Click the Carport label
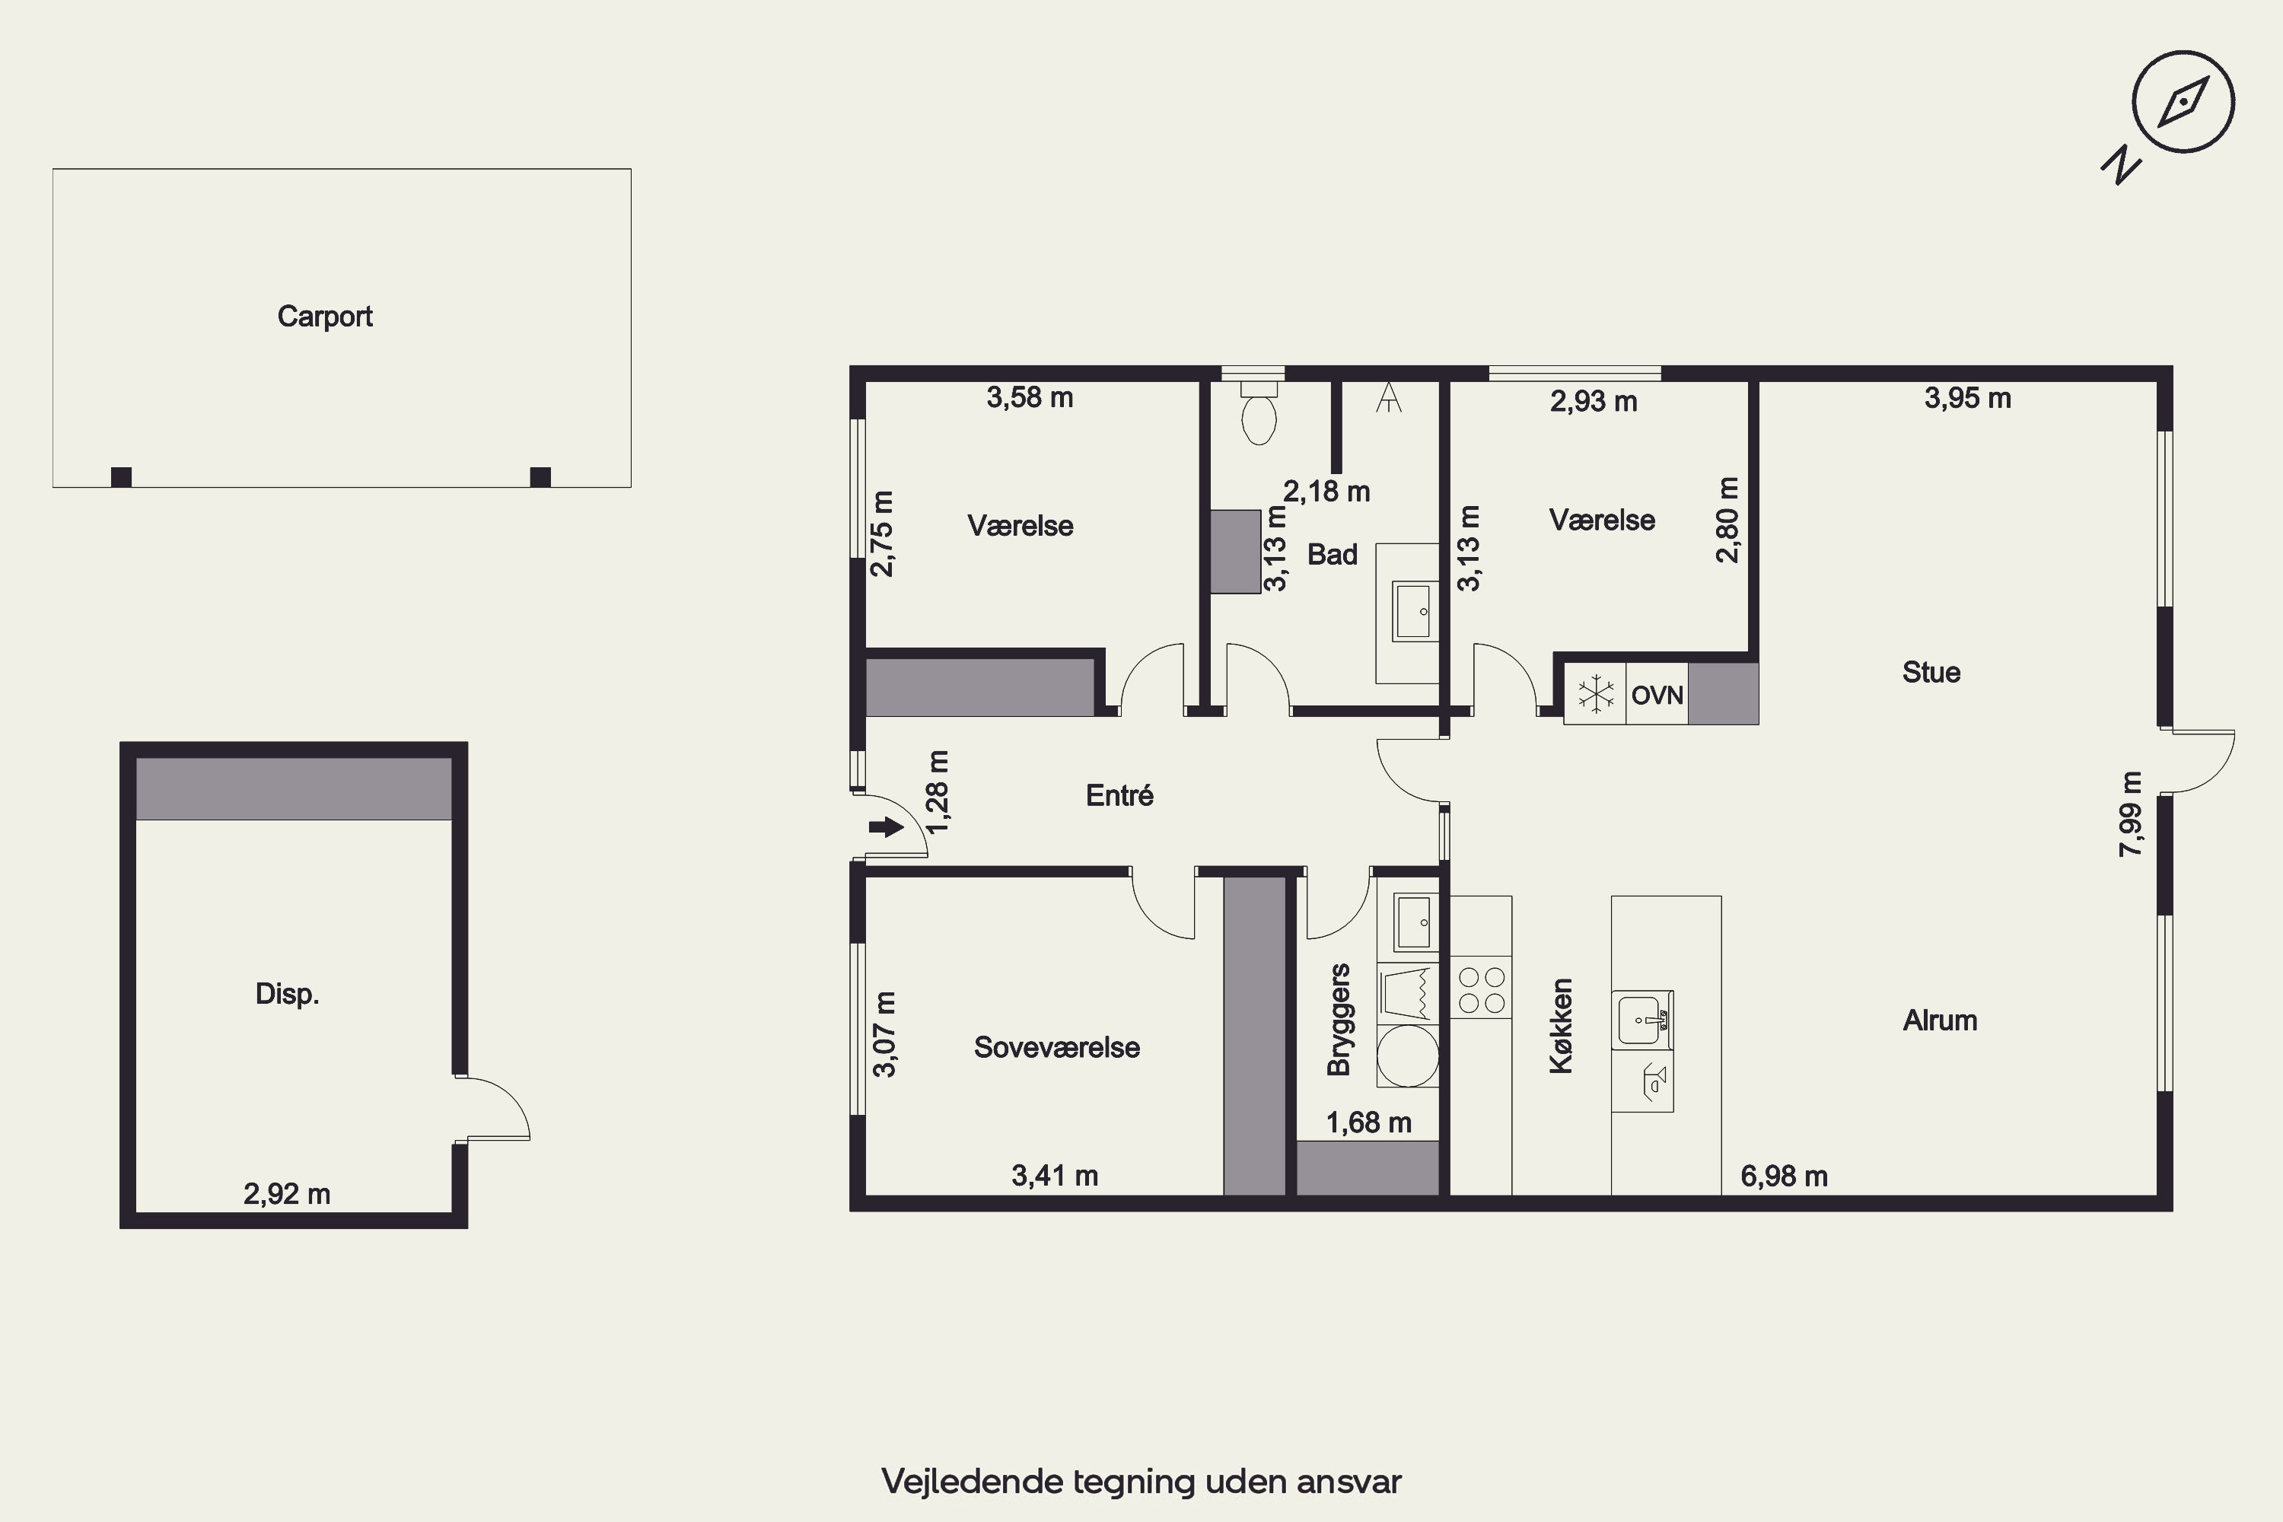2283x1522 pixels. pos(324,317)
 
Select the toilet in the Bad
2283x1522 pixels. pos(1259,413)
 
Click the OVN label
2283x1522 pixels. pos(1657,695)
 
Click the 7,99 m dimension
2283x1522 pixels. pos(2131,814)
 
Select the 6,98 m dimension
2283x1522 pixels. pos(1784,1177)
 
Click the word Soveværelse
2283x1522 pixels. pos(1057,1047)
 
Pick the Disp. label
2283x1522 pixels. pos(288,994)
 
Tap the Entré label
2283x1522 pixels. pos(1119,796)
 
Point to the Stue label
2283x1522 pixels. pos(1931,673)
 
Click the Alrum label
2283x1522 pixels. pos(1939,1021)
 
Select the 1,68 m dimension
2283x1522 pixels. pos(1368,1123)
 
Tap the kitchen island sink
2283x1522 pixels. pos(1641,1021)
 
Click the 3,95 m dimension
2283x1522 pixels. pos(1967,398)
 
